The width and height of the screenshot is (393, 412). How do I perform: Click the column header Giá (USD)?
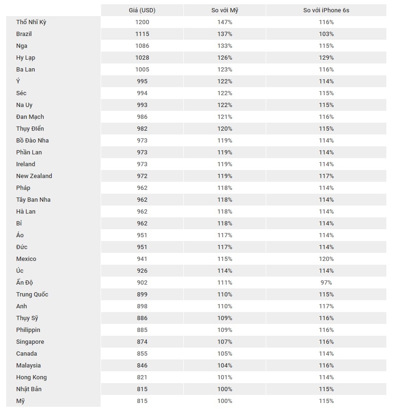point(142,10)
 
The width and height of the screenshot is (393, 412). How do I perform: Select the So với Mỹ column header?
point(225,10)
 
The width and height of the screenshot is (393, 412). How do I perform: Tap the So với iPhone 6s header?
point(326,10)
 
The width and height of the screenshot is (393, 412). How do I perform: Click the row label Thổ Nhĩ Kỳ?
point(31,22)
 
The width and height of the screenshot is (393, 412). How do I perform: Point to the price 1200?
point(142,22)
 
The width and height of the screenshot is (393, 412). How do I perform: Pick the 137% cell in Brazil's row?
point(225,34)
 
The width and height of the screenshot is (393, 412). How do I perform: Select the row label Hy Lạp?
point(26,58)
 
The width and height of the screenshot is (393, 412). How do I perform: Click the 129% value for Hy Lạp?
point(326,58)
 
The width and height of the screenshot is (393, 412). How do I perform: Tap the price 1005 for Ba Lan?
point(142,70)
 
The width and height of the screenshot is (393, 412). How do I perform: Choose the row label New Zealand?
point(34,176)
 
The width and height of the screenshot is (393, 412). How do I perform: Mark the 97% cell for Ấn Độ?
point(326,283)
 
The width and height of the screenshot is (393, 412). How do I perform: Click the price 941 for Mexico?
point(142,259)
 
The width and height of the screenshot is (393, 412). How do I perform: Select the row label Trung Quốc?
point(32,295)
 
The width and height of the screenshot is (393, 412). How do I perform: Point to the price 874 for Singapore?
point(142,342)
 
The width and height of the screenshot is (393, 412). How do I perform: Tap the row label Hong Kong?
point(31,377)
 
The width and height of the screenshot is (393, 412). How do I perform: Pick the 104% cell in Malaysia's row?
point(225,366)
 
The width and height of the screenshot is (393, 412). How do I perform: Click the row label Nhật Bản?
point(29,389)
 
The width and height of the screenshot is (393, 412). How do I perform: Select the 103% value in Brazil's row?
point(326,34)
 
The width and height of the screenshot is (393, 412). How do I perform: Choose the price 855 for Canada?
point(142,354)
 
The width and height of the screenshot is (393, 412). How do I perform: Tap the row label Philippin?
point(28,330)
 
